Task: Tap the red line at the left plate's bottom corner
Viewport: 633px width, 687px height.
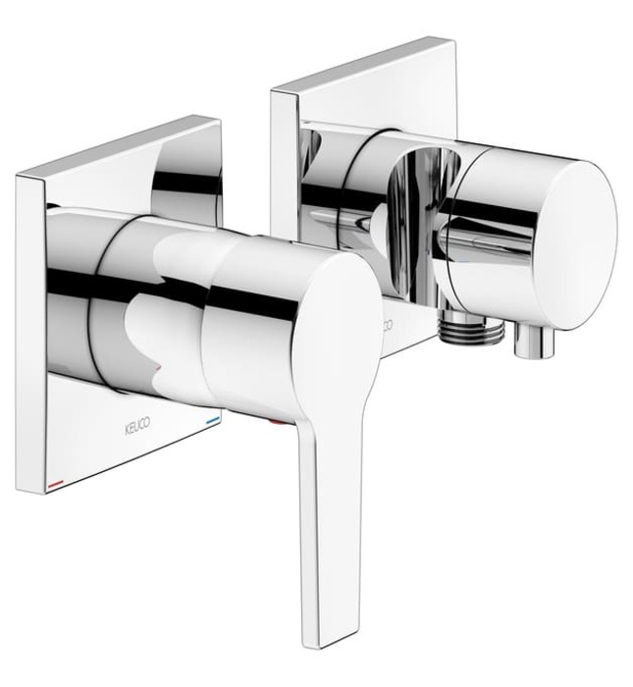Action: (54, 485)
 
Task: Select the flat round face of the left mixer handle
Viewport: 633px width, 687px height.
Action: (334, 324)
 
